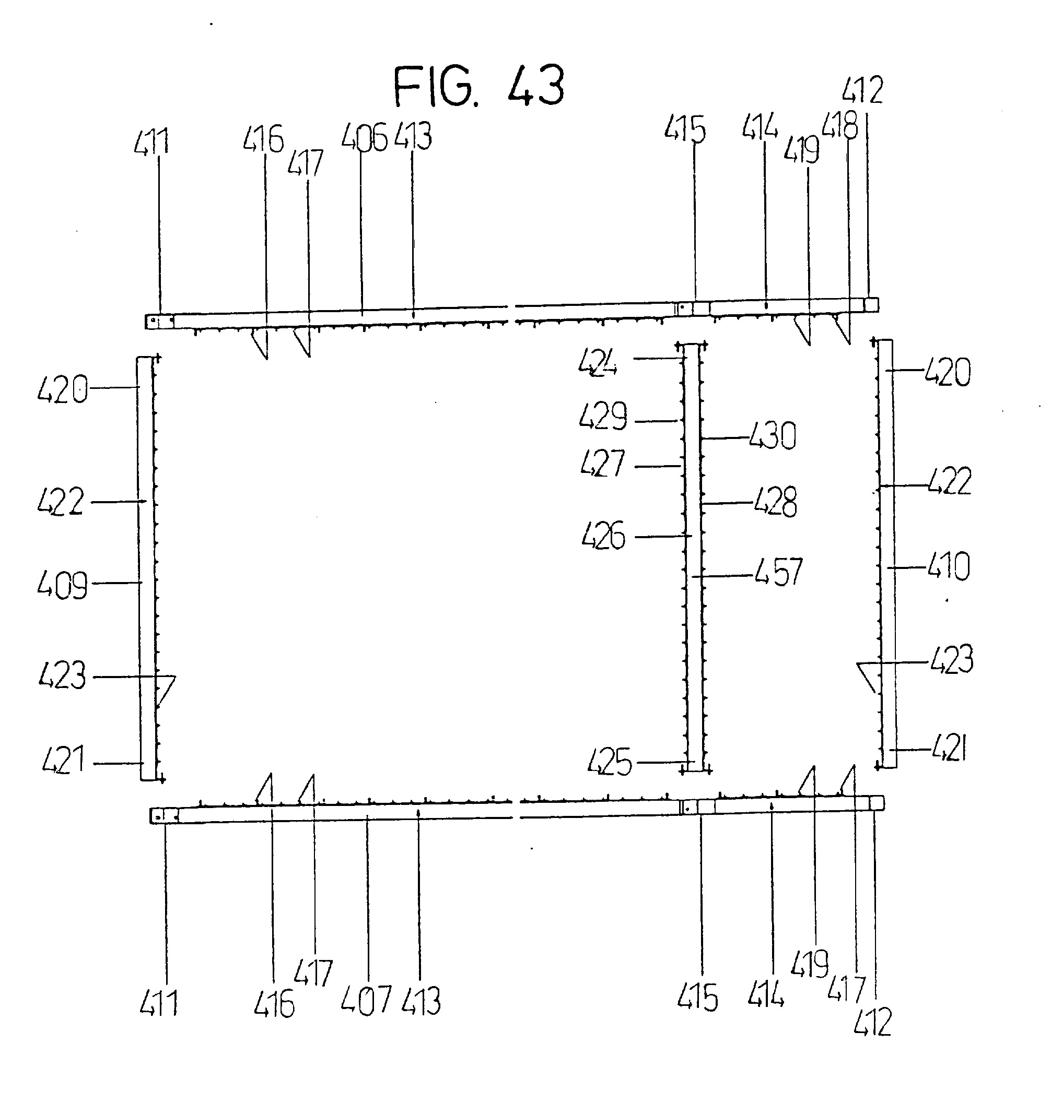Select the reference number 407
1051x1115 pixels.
coord(366,1001)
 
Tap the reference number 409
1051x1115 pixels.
coord(62,585)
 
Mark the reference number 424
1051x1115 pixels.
coord(598,362)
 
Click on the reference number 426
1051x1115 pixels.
coord(603,536)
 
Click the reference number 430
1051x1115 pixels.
coord(773,436)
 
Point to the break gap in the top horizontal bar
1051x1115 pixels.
coord(511,314)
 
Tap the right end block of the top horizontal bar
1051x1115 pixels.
coord(871,304)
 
